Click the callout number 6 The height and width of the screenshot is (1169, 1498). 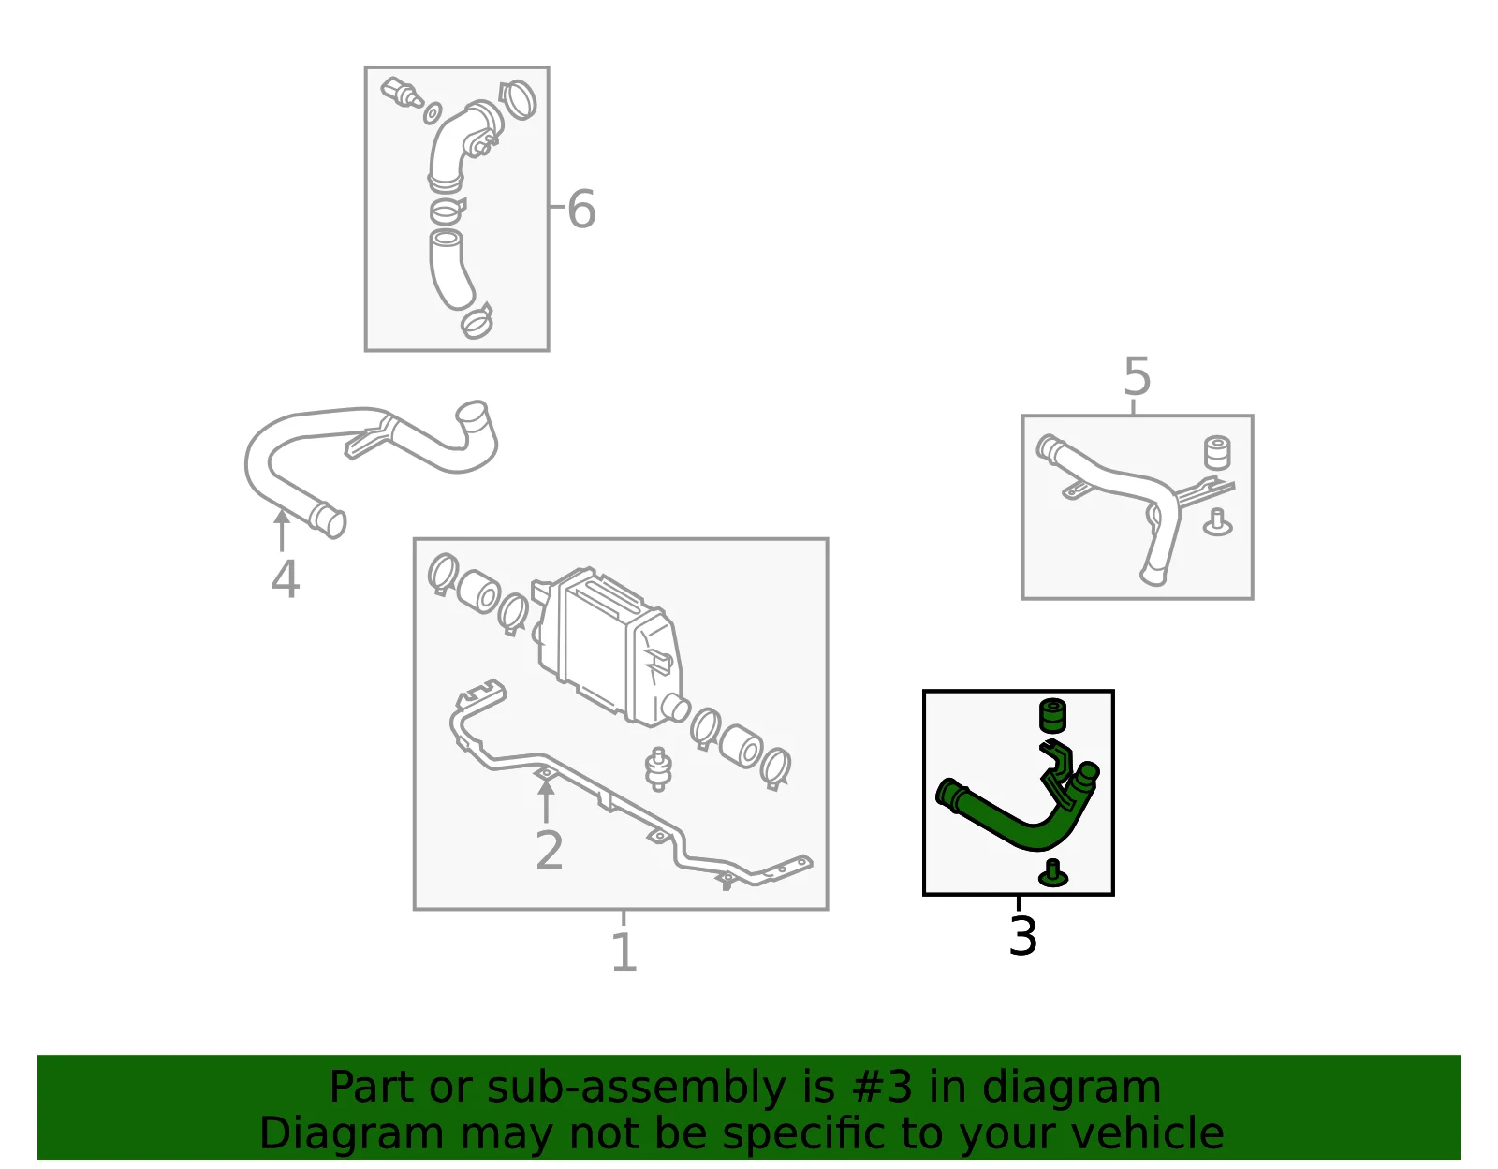581,209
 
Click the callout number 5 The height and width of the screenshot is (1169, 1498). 1137,376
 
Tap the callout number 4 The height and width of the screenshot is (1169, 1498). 286,579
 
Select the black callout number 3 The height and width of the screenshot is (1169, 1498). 1022,935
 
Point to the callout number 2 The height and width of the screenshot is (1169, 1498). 550,851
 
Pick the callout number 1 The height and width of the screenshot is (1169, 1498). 624,952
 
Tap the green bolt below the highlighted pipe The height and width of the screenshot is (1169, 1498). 1052,873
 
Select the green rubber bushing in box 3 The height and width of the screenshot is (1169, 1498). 1052,716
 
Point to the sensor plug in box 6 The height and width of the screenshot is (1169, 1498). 402,93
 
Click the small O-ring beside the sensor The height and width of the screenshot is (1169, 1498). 433,113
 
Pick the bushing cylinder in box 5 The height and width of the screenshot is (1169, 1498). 1217,452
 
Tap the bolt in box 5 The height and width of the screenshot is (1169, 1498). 1217,523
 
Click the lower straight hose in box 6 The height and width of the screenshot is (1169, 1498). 450,269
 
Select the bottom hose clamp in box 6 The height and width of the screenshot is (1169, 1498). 477,321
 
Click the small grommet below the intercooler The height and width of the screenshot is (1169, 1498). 658,770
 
